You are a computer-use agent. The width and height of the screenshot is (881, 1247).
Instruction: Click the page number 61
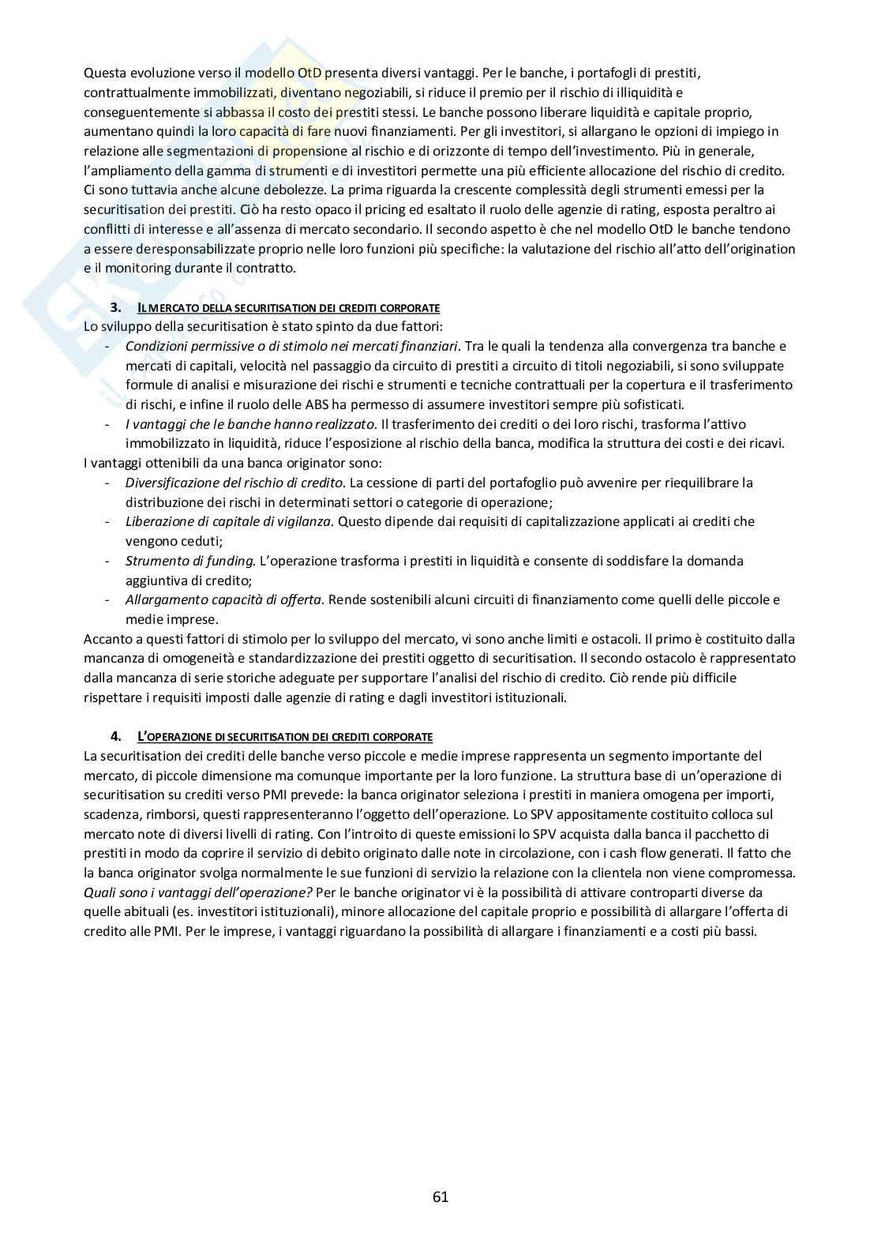[x=440, y=1196]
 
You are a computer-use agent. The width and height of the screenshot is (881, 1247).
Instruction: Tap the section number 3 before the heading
[x=115, y=307]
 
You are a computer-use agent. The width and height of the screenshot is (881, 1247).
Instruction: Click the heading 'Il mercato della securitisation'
[x=288, y=307]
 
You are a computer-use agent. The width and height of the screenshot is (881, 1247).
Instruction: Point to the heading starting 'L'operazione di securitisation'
[x=285, y=737]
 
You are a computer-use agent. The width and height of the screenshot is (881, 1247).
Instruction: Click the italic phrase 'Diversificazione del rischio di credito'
[x=234, y=483]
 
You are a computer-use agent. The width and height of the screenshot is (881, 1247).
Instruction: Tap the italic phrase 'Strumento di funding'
[x=190, y=561]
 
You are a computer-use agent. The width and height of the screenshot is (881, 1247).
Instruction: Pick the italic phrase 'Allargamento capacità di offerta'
[x=223, y=599]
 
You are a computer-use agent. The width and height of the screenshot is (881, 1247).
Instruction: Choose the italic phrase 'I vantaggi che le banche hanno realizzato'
[x=250, y=424]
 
